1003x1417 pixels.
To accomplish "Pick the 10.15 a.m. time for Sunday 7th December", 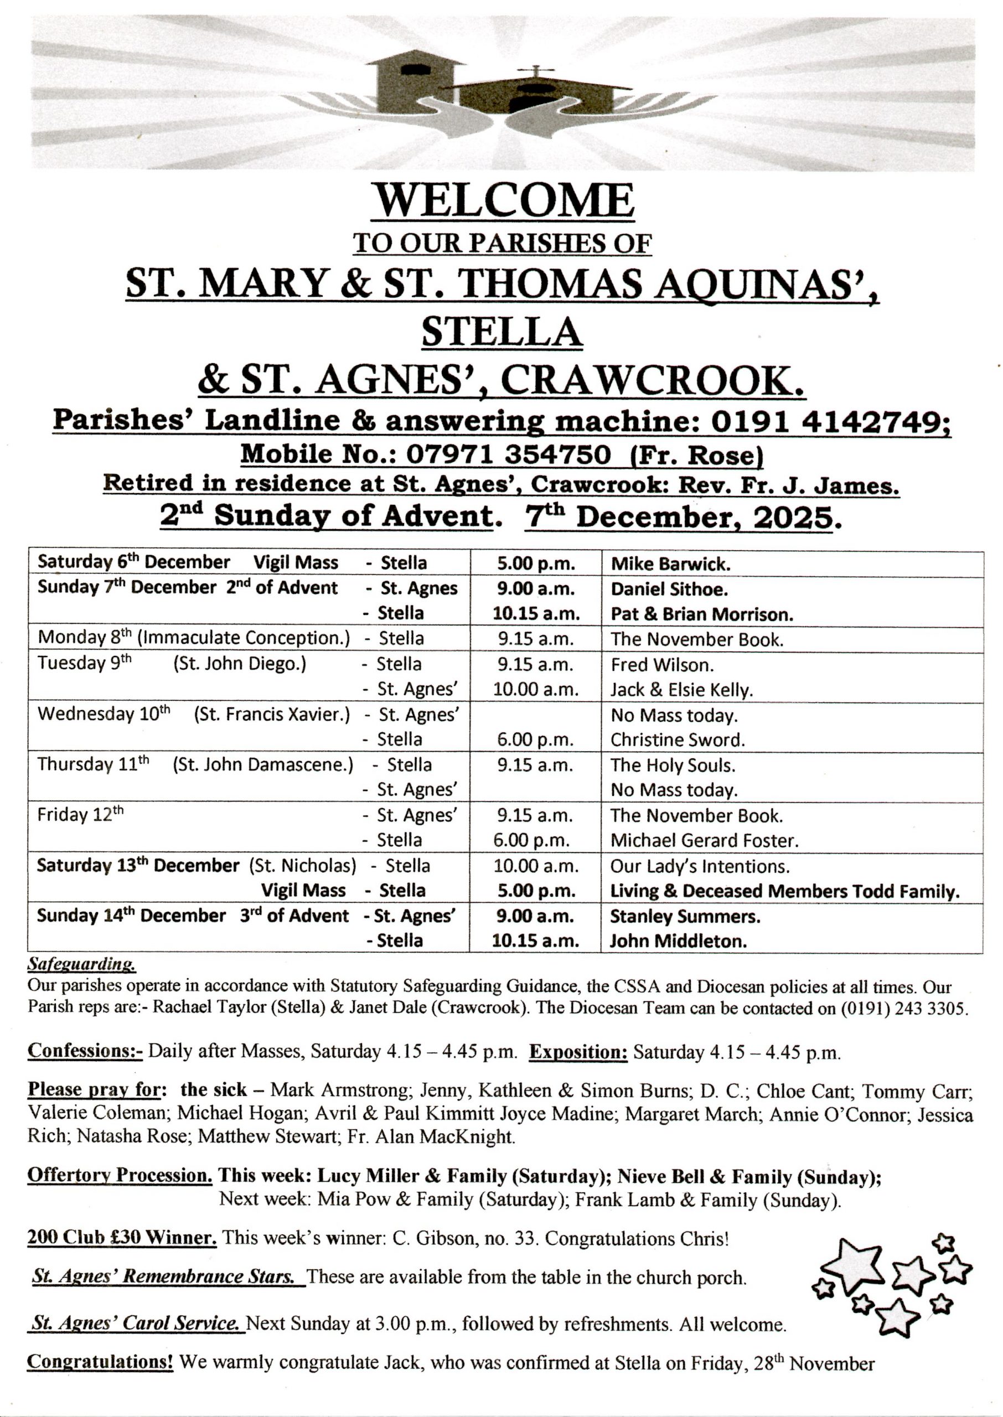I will pos(536,614).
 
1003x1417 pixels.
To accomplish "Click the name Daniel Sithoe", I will pos(669,589).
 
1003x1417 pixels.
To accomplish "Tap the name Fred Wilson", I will pos(662,665).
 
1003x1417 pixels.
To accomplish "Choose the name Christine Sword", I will pos(678,739).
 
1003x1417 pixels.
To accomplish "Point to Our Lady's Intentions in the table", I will pos(700,866).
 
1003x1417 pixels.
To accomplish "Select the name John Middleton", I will pos(678,941).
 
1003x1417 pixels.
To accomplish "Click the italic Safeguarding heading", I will pos(81,964).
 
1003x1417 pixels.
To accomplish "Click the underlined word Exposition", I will pos(578,1052).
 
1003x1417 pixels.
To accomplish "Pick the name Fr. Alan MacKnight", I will pos(431,1136).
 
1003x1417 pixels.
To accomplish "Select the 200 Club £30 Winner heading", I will pos(122,1237).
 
